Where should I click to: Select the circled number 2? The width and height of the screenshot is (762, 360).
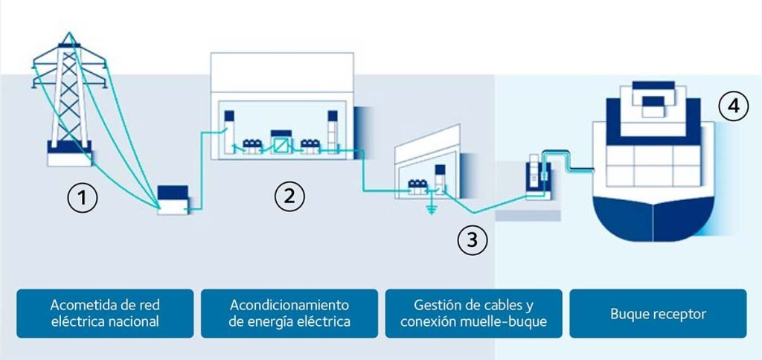pyautogui.click(x=289, y=196)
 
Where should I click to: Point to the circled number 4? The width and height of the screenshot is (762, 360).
pyautogui.click(x=733, y=107)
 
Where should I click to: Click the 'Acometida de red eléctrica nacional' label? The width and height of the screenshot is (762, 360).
pyautogui.click(x=105, y=313)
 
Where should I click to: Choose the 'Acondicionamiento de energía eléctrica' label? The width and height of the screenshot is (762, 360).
pyautogui.click(x=289, y=313)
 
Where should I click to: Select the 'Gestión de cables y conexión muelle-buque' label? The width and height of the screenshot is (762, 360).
pyautogui.click(x=473, y=313)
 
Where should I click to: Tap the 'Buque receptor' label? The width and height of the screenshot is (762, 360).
pyautogui.click(x=658, y=313)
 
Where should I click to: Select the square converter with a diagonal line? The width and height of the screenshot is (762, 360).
pyautogui.click(x=281, y=143)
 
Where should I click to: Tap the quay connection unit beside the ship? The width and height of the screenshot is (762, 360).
pyautogui.click(x=535, y=179)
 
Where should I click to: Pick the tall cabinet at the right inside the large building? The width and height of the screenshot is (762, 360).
pyautogui.click(x=333, y=128)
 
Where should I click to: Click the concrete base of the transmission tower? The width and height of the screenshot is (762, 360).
pyautogui.click(x=69, y=158)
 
